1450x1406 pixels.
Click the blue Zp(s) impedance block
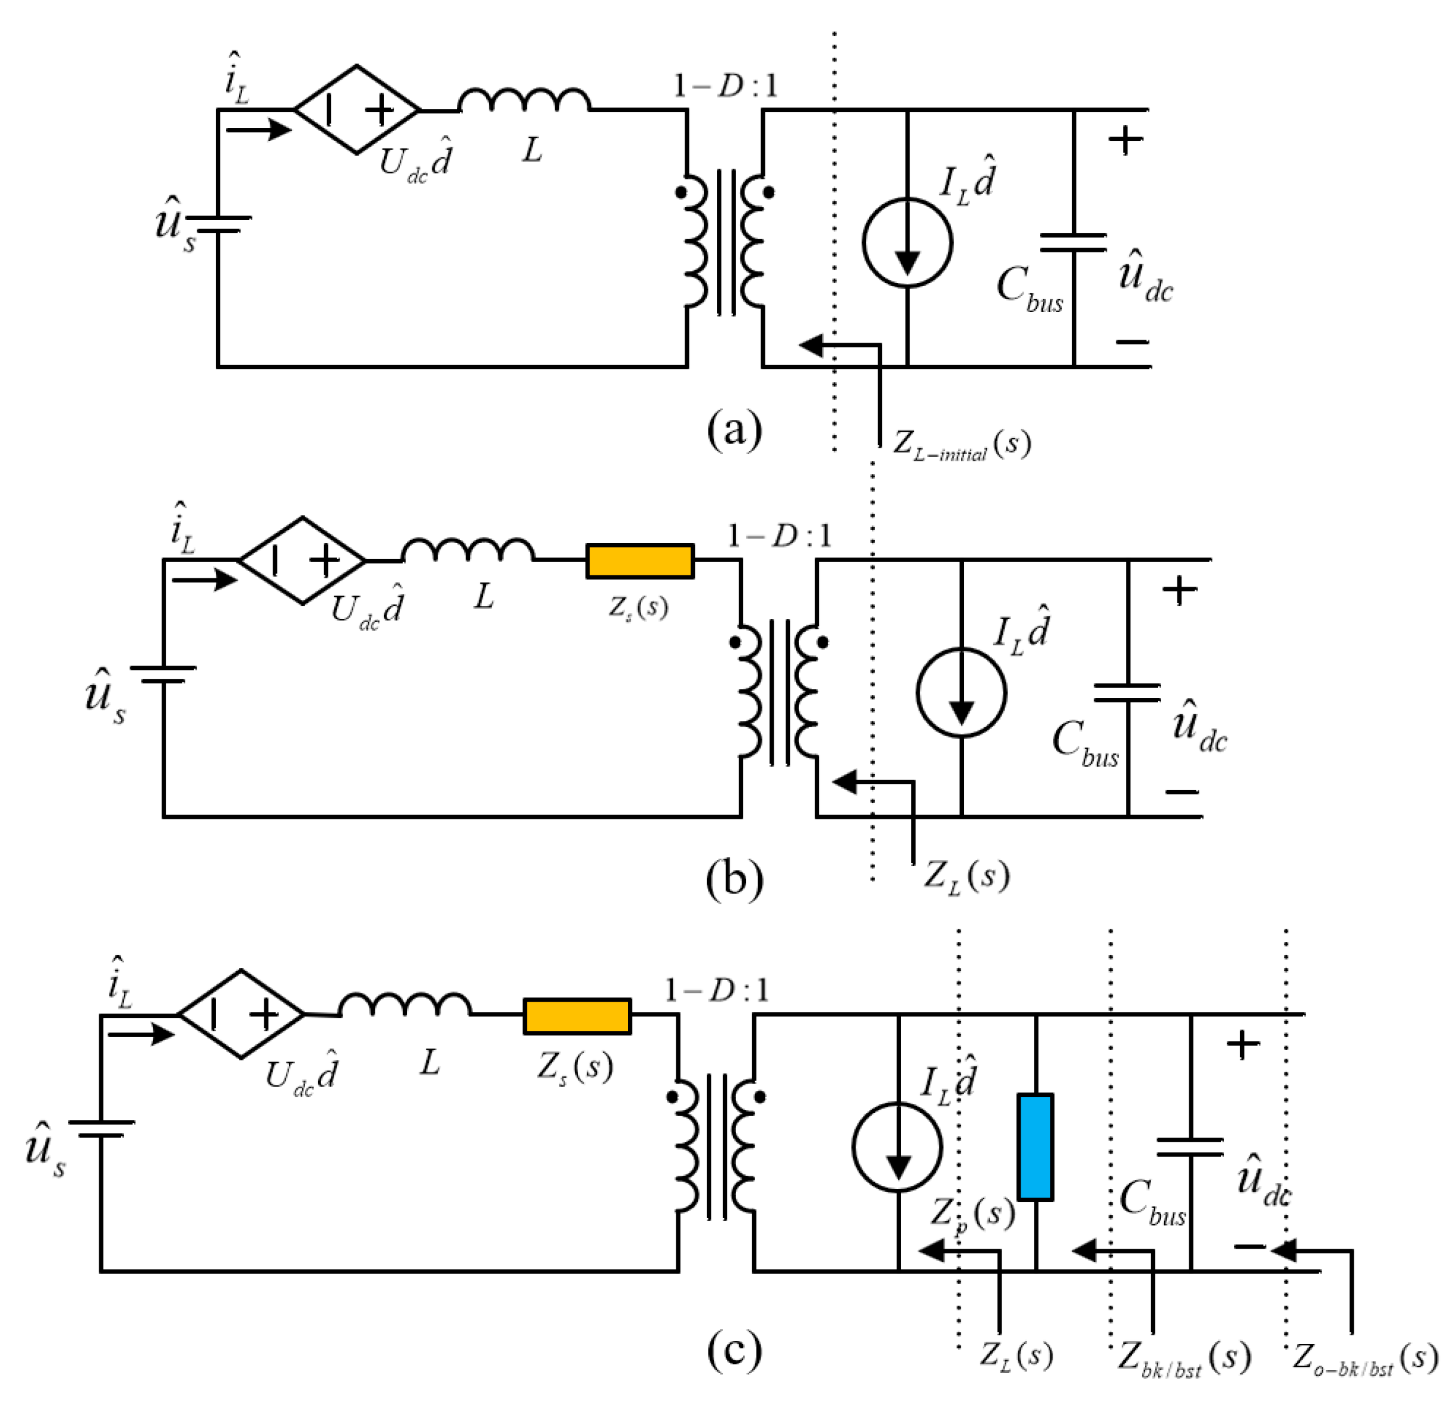pyautogui.click(x=1035, y=1146)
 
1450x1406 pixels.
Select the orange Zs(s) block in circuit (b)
pyautogui.click(x=640, y=561)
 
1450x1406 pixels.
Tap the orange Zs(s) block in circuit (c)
pyautogui.click(x=577, y=1016)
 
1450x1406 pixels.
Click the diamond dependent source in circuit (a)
pyautogui.click(x=358, y=109)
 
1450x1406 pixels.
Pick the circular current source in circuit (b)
pyautogui.click(x=961, y=692)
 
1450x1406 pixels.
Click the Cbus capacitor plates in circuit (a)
pyautogui.click(x=1073, y=243)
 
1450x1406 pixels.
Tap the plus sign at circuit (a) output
pyautogui.click(x=1125, y=139)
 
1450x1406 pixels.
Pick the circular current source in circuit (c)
pyautogui.click(x=898, y=1146)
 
